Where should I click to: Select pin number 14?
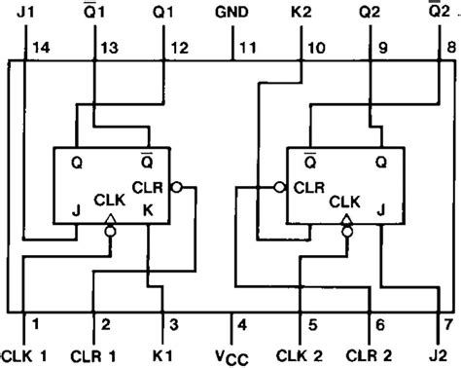tap(40, 48)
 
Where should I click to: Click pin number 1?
tap(35, 323)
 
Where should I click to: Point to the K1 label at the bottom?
tap(166, 351)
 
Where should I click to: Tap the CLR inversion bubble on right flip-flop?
tap(279, 186)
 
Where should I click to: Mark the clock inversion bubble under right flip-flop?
tap(346, 233)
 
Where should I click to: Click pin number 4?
tap(243, 323)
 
